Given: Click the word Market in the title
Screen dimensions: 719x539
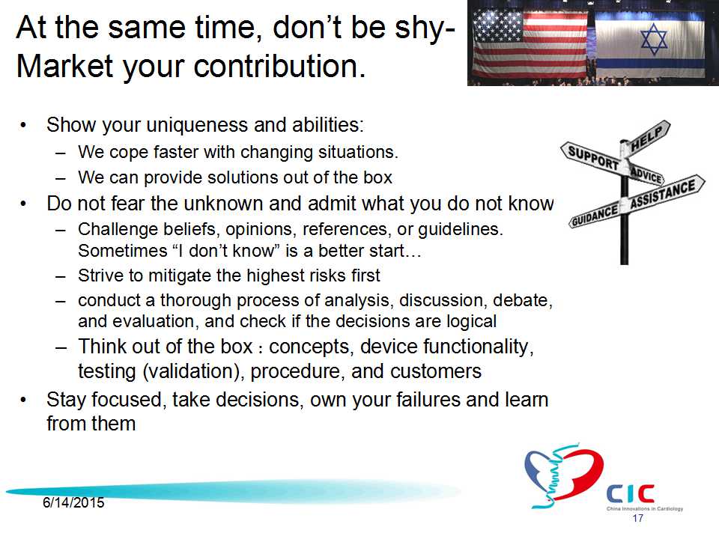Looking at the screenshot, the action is (64, 66).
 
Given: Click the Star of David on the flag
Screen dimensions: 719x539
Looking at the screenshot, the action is (653, 38).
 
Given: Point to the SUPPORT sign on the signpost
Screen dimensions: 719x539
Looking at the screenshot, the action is (594, 158).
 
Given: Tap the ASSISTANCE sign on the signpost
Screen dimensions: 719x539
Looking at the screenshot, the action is (664, 192).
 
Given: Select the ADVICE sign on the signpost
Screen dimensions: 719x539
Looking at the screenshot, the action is (646, 174).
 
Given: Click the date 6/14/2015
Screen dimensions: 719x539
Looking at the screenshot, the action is (73, 503).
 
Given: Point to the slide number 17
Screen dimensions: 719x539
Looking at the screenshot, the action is (638, 518).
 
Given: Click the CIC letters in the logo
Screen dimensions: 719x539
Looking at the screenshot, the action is (631, 494).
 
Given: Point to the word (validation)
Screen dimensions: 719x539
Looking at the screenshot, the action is (194, 371).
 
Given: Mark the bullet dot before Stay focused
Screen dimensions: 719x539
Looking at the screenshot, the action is (23, 401).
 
